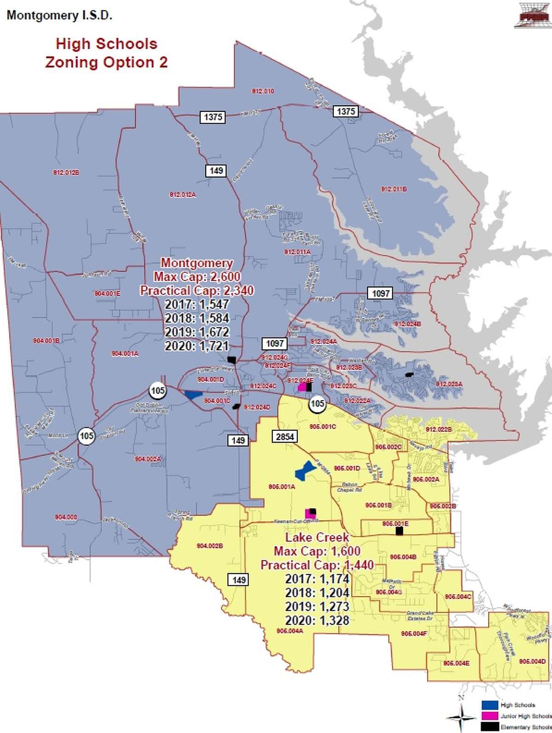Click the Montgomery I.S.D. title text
coord(59,15)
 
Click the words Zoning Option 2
coord(106,62)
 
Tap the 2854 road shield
coord(285,436)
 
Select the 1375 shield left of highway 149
coord(213,117)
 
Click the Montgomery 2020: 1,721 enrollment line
coord(197,346)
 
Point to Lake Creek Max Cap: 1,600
coord(317,551)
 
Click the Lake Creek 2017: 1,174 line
coord(317,579)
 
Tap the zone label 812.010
coord(263,91)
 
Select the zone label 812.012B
coord(66,172)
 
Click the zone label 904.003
coord(66,517)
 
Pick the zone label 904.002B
coord(210,546)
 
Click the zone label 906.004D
coord(532,661)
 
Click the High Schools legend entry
coord(517,705)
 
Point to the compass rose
coord(462,716)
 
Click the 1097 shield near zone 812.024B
coord(380,293)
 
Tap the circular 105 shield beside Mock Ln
coord(86,435)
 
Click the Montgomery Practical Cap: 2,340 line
coord(197,291)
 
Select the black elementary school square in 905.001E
coord(399,531)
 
